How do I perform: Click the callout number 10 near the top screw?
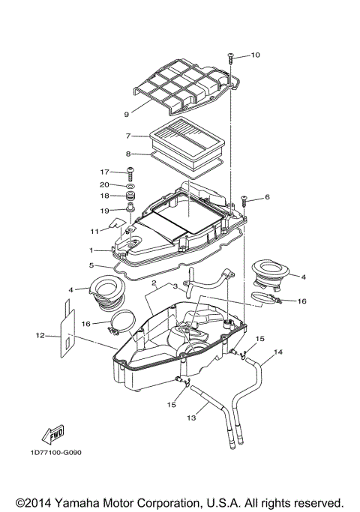[x=255, y=55]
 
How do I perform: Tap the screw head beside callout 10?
[x=231, y=55]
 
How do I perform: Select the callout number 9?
[x=127, y=115]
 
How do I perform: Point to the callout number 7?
[x=129, y=136]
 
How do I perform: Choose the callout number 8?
[x=129, y=154]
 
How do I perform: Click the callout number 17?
[x=105, y=172]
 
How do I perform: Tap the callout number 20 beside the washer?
[x=105, y=184]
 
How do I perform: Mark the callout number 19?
[x=105, y=210]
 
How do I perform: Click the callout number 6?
[x=266, y=197]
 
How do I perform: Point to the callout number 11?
[x=95, y=231]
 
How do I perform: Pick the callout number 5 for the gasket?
[x=91, y=265]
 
